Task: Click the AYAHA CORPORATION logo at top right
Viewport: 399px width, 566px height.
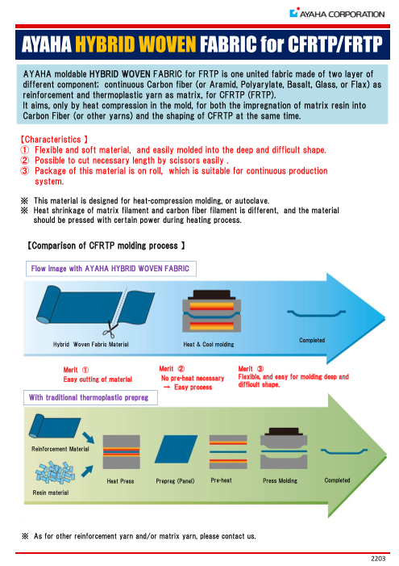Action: pyautogui.click(x=337, y=14)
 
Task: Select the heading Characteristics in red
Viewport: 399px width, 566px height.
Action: pyautogui.click(x=52, y=140)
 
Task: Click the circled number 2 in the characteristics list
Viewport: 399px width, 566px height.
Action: pyautogui.click(x=24, y=160)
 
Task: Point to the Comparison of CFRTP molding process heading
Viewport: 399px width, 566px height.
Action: pyautogui.click(x=106, y=245)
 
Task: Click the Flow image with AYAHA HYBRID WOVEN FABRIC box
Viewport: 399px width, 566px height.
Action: pyautogui.click(x=111, y=269)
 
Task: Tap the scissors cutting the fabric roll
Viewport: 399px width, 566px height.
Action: pyautogui.click(x=110, y=329)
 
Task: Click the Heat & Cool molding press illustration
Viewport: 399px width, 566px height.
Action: pyautogui.click(x=211, y=311)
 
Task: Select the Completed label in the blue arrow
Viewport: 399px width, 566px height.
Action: pyautogui.click(x=312, y=340)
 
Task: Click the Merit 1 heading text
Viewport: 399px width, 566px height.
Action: pyautogui.click(x=76, y=370)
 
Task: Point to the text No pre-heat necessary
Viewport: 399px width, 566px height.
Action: pyautogui.click(x=193, y=378)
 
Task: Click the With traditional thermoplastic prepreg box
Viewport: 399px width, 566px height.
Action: pyautogui.click(x=90, y=397)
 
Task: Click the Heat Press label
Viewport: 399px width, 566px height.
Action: pyautogui.click(x=120, y=480)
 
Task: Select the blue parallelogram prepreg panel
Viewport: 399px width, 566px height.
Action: pyautogui.click(x=176, y=449)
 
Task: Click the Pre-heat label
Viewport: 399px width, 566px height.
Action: pyautogui.click(x=221, y=480)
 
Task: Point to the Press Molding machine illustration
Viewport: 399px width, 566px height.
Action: pyautogui.click(x=284, y=448)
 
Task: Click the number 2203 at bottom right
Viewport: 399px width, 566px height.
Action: pyautogui.click(x=378, y=559)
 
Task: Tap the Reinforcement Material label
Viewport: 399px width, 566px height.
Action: pyautogui.click(x=60, y=449)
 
